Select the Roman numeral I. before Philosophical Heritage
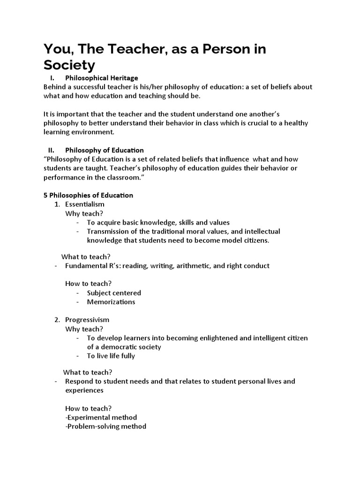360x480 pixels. [52, 78]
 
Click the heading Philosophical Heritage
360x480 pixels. [101, 78]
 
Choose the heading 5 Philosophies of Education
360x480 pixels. [88, 195]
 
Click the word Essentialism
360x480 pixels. [84, 204]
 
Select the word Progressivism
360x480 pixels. [87, 320]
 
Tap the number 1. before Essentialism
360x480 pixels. [57, 204]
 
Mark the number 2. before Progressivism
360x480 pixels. [57, 320]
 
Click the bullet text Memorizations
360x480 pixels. [111, 302]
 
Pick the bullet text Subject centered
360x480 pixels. [114, 293]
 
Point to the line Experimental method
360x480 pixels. [101, 417]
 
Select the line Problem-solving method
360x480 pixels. [105, 426]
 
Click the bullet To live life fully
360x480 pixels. [111, 356]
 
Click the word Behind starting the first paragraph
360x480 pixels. [54, 87]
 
